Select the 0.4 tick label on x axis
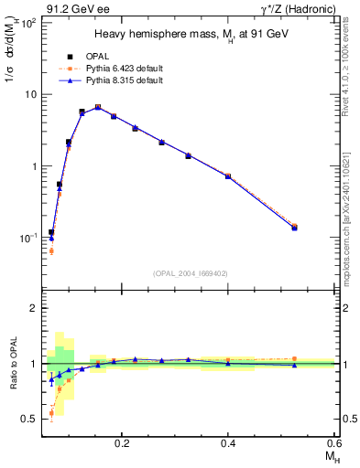(228, 441)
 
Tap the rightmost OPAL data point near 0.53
(294, 228)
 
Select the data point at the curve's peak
(98, 107)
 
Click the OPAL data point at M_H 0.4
(228, 175)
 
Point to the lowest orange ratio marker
(51, 413)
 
